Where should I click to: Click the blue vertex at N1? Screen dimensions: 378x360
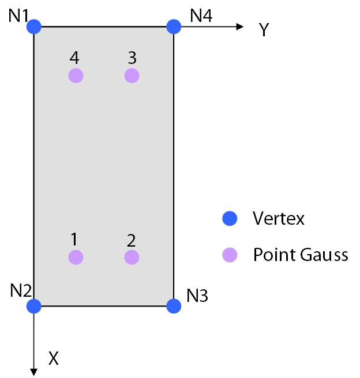click(34, 27)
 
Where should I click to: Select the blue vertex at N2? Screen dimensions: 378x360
click(34, 306)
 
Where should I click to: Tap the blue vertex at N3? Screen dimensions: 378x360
click(174, 306)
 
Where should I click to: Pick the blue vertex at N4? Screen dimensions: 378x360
click(174, 27)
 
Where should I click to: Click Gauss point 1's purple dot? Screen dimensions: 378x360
click(76, 257)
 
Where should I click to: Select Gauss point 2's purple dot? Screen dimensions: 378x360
click(132, 257)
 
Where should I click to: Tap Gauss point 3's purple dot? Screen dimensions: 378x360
click(132, 75)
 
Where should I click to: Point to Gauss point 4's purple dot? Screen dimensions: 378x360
click(76, 75)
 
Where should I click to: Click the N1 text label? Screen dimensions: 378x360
click(18, 16)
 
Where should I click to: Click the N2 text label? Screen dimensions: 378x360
click(20, 292)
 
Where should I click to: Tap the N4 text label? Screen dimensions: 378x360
click(201, 16)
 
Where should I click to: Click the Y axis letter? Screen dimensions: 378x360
click(264, 30)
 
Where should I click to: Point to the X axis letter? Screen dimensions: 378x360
click(54, 359)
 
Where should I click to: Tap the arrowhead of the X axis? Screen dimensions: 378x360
click(34, 371)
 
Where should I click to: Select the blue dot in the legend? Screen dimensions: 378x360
click(230, 218)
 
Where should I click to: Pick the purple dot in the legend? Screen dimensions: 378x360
click(230, 255)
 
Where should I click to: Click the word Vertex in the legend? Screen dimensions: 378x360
click(279, 218)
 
